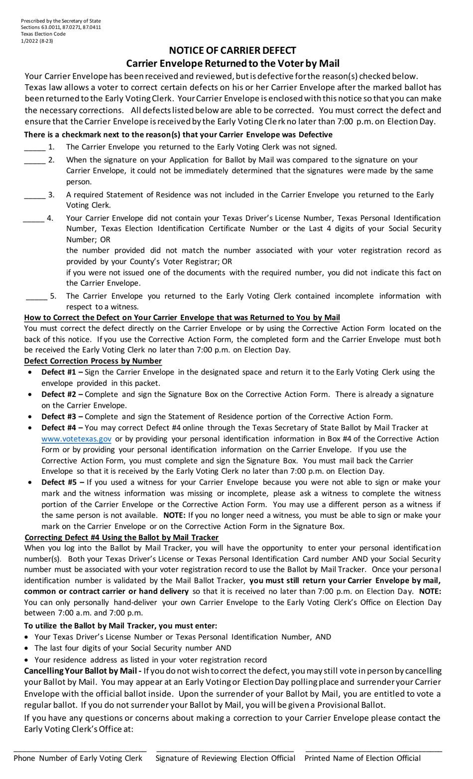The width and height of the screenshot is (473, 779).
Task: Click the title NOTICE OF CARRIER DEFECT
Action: [233, 50]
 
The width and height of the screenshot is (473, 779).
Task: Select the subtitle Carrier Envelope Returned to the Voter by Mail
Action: [233, 63]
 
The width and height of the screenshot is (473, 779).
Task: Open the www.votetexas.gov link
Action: [76, 439]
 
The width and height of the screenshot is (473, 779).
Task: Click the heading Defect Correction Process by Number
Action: [93, 361]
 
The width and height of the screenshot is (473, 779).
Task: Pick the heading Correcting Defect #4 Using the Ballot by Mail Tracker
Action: [121, 537]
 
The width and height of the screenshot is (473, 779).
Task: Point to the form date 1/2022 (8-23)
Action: [37, 41]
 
